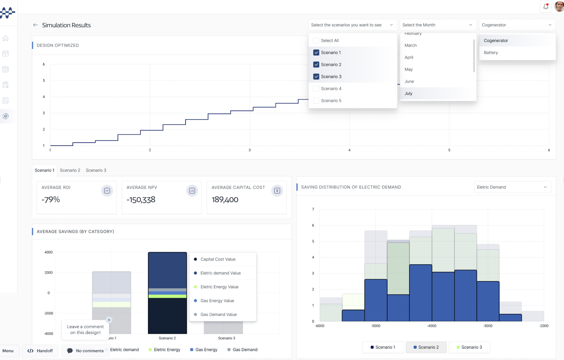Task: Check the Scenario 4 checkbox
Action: [x=316, y=89]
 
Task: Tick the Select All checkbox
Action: [x=316, y=41]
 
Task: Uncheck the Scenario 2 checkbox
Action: [x=316, y=65]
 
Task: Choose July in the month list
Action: [x=409, y=94]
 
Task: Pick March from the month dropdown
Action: [x=411, y=45]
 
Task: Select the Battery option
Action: [x=491, y=53]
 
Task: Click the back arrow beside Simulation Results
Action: [x=35, y=25]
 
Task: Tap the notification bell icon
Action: [x=546, y=6]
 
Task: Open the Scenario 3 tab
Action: [x=96, y=170]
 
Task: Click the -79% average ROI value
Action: [x=51, y=200]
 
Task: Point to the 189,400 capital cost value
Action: [x=225, y=200]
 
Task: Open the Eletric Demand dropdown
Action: [x=512, y=187]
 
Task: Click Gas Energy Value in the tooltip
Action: [x=217, y=301]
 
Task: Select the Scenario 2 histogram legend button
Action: [x=426, y=347]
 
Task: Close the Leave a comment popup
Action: [x=109, y=320]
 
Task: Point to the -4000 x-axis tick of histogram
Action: [x=431, y=326]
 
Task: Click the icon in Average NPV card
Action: [x=192, y=191]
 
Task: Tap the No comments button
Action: [x=85, y=351]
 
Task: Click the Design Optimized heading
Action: [x=58, y=45]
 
